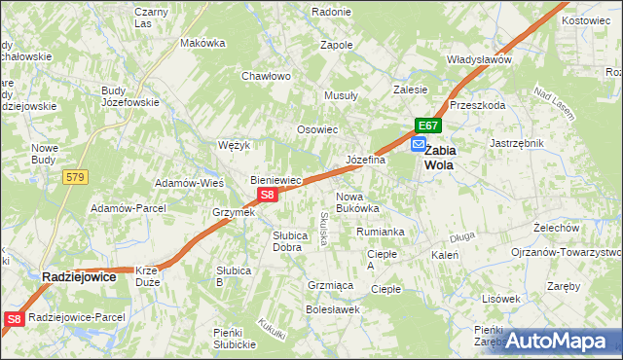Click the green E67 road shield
point(428,126)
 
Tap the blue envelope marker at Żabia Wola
point(418,144)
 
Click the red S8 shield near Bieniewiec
point(270,195)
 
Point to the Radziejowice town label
point(80,277)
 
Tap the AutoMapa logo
point(563,341)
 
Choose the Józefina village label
point(366,160)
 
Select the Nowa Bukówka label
point(356,201)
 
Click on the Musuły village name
point(341,96)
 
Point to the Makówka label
point(202,43)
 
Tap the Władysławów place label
point(479,59)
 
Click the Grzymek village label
point(234,212)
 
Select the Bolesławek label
point(333,309)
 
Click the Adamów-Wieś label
point(191,183)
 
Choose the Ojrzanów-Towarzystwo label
point(567,251)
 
